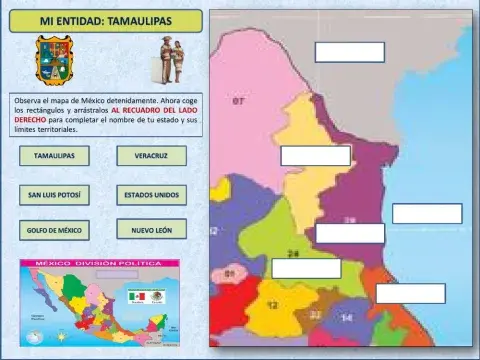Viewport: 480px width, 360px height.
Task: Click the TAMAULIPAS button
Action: tap(54, 156)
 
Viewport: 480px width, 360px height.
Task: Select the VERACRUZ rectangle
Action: tap(150, 156)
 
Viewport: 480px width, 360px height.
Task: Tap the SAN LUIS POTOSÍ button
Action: tap(54, 194)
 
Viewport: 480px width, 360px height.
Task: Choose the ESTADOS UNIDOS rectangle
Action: tap(150, 194)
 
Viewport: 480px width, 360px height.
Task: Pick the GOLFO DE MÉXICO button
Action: tap(54, 230)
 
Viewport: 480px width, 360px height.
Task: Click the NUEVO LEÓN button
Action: tap(150, 230)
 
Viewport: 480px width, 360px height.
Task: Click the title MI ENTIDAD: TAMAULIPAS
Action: tap(105, 20)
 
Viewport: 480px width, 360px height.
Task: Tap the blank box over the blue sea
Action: tap(427, 213)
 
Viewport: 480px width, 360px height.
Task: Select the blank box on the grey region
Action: tap(349, 52)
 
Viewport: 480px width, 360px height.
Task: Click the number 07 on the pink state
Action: tap(238, 102)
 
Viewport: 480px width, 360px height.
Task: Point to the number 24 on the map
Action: tap(294, 253)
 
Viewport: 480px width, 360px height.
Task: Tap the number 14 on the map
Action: tap(346, 318)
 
